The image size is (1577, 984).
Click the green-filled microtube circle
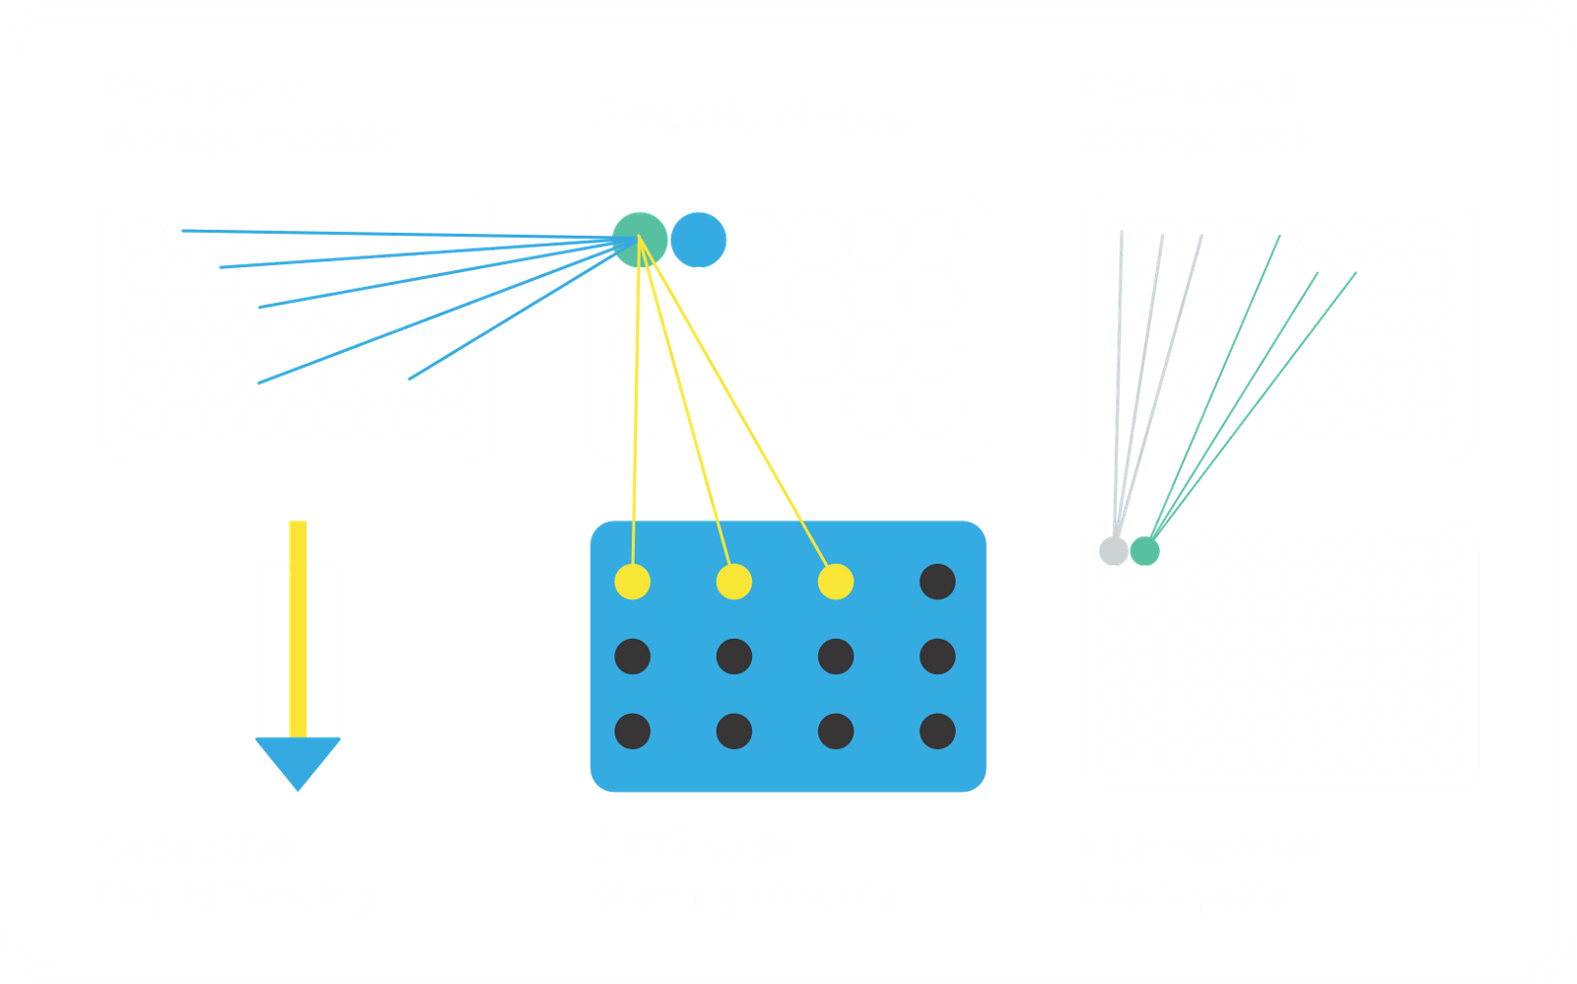640,239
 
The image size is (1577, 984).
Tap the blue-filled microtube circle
698,239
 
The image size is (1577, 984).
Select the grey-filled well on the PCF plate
1114,550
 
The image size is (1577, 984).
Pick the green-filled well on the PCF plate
1144,550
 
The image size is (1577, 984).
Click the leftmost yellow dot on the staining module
632,582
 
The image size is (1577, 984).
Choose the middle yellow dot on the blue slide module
733,582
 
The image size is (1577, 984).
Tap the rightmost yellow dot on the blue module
835,582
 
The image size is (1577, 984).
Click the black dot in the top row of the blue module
936,582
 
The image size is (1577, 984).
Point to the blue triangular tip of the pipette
298,761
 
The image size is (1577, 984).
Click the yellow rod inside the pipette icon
298,631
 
